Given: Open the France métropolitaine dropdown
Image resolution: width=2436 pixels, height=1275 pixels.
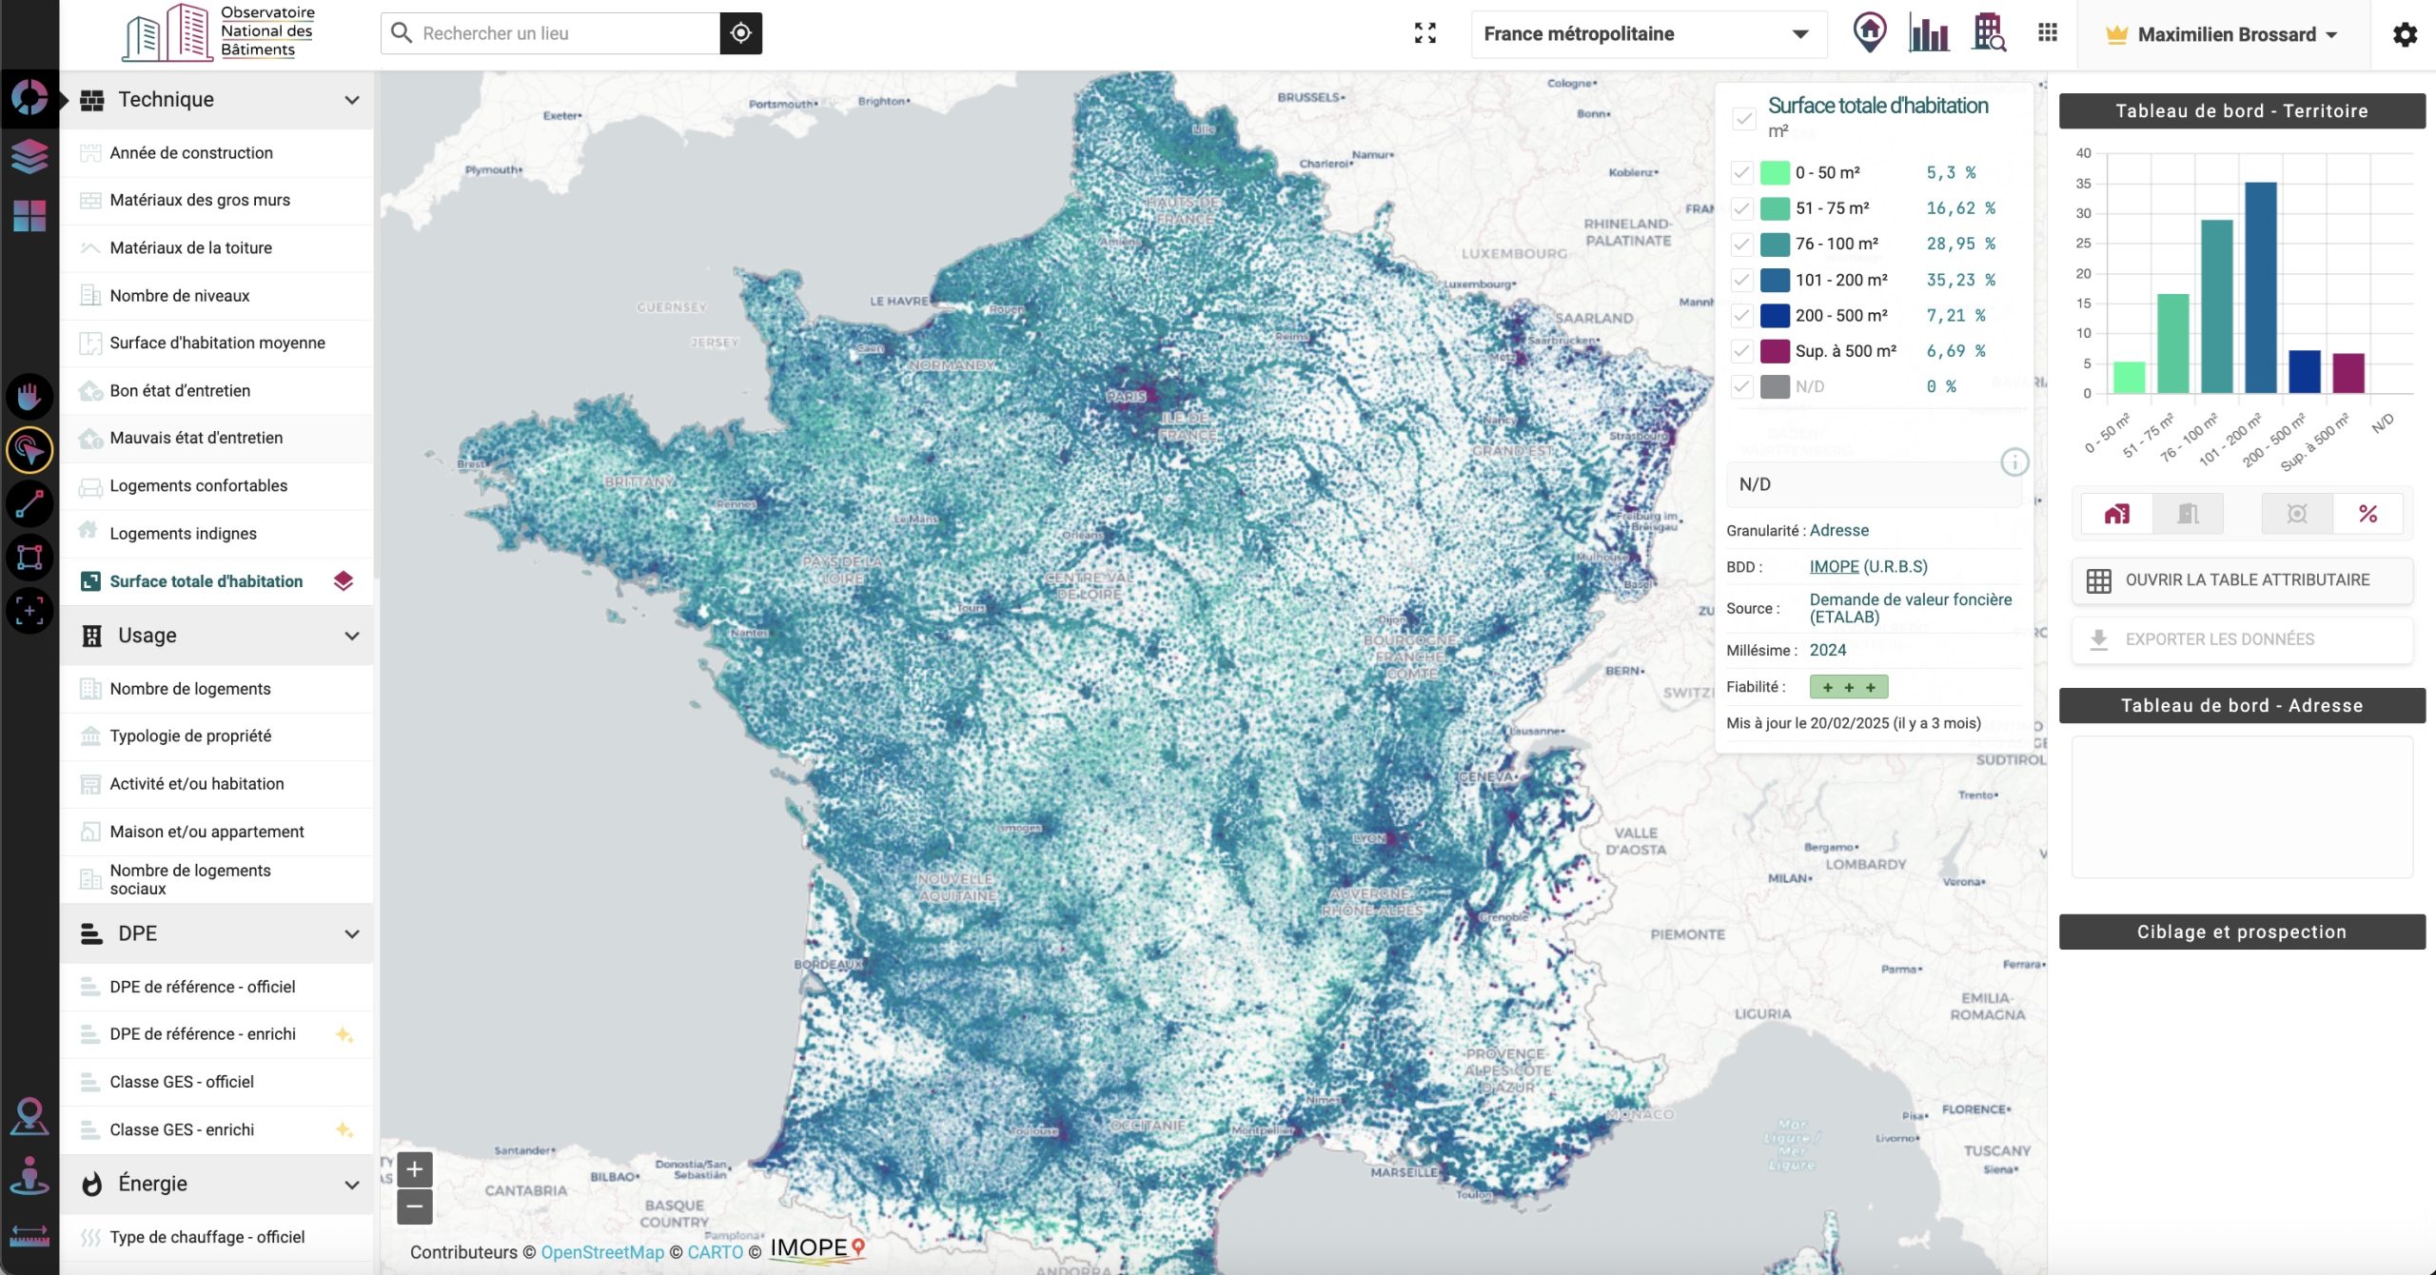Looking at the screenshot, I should click(x=1647, y=34).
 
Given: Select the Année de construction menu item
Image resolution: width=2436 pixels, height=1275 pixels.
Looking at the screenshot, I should click(x=191, y=153).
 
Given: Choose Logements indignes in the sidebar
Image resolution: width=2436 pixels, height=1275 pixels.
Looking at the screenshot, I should click(x=183, y=534).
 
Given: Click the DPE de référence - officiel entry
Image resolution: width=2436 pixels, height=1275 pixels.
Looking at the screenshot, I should click(x=202, y=987).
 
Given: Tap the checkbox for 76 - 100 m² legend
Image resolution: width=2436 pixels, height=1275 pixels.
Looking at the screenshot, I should click(x=1741, y=245).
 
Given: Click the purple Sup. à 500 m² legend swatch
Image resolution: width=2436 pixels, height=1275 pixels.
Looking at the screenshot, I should click(x=1775, y=351).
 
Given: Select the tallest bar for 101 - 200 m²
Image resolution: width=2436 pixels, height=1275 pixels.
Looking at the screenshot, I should click(x=2260, y=285).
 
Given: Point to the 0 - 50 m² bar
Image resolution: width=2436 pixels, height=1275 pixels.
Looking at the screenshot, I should click(x=2129, y=377).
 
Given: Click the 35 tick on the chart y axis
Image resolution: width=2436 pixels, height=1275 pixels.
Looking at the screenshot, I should click(x=2083, y=184).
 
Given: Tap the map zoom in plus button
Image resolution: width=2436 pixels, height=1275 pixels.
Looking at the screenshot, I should click(x=415, y=1169).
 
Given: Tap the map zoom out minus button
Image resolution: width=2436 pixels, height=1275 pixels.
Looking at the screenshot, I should click(x=415, y=1207).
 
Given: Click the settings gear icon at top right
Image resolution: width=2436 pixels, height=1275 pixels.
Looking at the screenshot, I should click(x=2405, y=35).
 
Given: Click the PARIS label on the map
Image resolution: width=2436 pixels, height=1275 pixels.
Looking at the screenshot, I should click(x=1126, y=396).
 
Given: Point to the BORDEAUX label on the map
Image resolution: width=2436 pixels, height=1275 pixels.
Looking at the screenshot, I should click(x=828, y=964).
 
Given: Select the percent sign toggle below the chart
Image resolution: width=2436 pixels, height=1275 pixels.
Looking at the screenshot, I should click(x=2367, y=515).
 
